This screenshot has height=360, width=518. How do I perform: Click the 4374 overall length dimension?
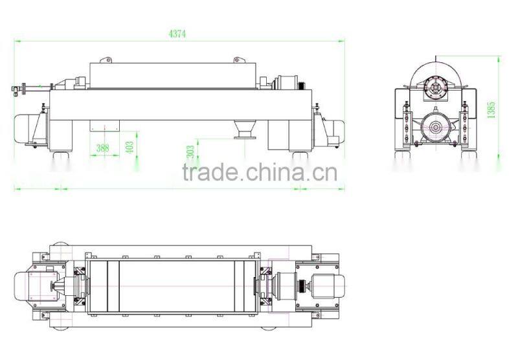click(177, 34)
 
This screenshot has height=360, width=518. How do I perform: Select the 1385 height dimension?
click(491, 109)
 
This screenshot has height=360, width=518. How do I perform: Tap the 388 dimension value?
click(102, 148)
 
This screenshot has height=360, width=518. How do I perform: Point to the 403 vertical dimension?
click(130, 147)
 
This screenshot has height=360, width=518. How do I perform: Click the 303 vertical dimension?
click(190, 152)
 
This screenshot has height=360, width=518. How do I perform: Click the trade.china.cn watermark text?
click(260, 172)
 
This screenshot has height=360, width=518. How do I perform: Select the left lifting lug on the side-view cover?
click(106, 60)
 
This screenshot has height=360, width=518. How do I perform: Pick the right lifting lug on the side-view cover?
click(238, 60)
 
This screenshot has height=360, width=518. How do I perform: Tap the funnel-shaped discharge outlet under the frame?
click(245, 129)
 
